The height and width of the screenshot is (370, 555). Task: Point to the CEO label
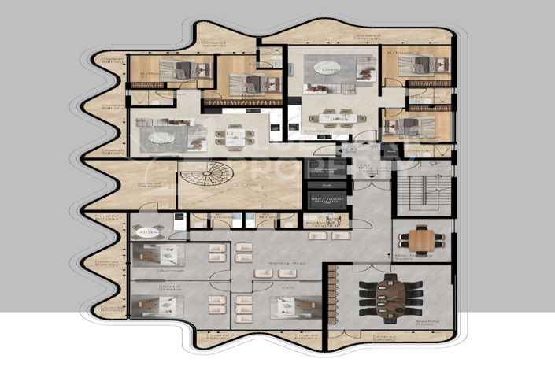click(x=286, y=289)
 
